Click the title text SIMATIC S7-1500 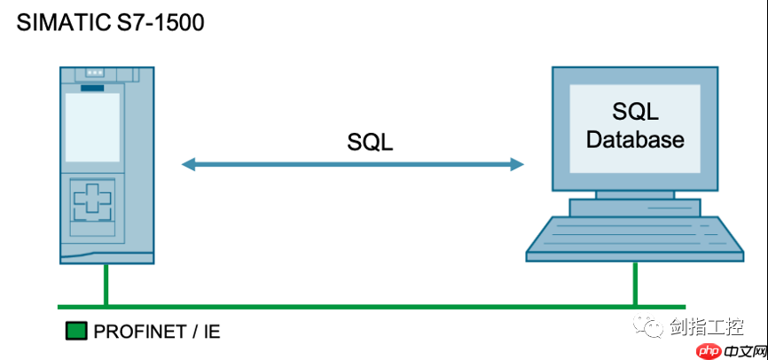111,21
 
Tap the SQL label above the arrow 370,142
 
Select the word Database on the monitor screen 635,139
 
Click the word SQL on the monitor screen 635,112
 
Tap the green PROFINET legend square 75,332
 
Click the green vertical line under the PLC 105,285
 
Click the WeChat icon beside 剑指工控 654,328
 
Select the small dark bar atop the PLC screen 92,87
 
